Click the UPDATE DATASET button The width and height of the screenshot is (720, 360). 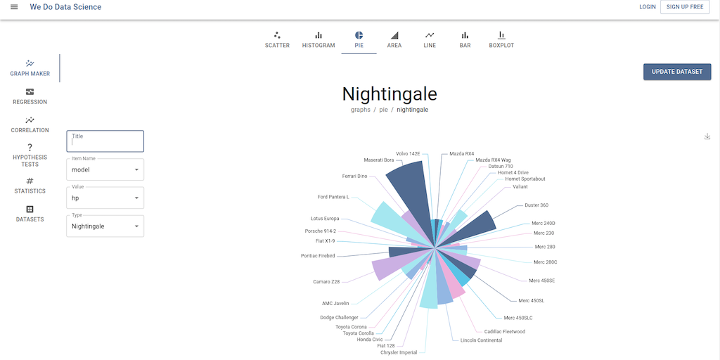pos(677,72)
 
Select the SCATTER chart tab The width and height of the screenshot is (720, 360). pos(277,39)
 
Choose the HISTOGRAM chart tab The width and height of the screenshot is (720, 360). pos(319,39)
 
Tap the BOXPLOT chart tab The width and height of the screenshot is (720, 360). pos(501,39)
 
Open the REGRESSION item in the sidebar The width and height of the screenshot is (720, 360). pos(30,96)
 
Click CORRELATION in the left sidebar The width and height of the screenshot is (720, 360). pos(30,124)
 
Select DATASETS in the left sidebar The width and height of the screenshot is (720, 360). pos(30,214)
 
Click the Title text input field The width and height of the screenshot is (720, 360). pos(105,141)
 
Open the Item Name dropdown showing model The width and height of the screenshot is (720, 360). pos(105,169)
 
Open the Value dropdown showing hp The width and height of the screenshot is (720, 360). pos(105,198)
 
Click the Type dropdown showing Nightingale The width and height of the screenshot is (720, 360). pos(105,226)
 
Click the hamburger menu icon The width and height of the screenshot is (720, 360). pos(14,7)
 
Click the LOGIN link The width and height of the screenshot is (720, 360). pos(647,7)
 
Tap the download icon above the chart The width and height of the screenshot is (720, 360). pos(707,136)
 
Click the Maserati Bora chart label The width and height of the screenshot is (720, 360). pos(379,160)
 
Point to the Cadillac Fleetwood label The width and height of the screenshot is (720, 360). pos(504,332)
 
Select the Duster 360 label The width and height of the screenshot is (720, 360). pos(536,205)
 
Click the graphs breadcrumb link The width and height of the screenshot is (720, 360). pos(360,110)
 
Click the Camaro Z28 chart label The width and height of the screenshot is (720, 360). pos(326,282)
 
